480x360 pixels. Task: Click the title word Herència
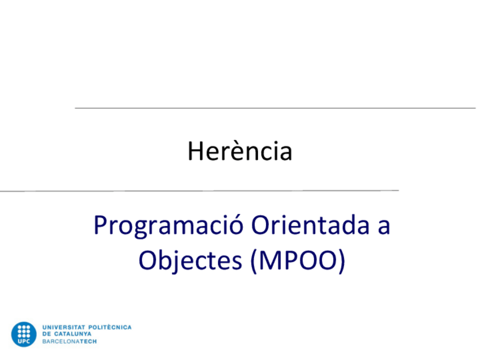[240, 151]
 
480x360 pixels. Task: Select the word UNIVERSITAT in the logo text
[62, 327]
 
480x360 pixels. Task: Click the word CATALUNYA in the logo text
[73, 335]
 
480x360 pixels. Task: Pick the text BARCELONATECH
[68, 342]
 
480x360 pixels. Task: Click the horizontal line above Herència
[275, 108]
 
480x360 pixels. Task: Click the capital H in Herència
[195, 151]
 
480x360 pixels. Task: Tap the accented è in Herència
[229, 151]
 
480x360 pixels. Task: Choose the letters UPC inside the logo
[23, 342]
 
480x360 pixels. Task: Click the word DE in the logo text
[46, 335]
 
